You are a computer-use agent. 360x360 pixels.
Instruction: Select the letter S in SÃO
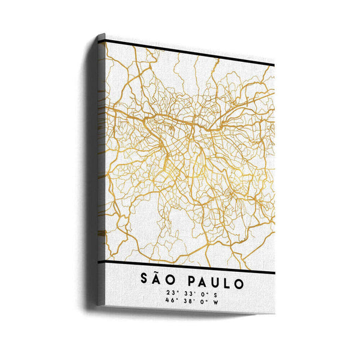click(x=143, y=281)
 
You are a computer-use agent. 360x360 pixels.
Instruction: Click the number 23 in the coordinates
click(x=172, y=293)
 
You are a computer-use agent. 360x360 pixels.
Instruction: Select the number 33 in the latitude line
click(x=188, y=293)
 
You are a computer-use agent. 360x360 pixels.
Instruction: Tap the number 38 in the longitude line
click(x=188, y=301)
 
